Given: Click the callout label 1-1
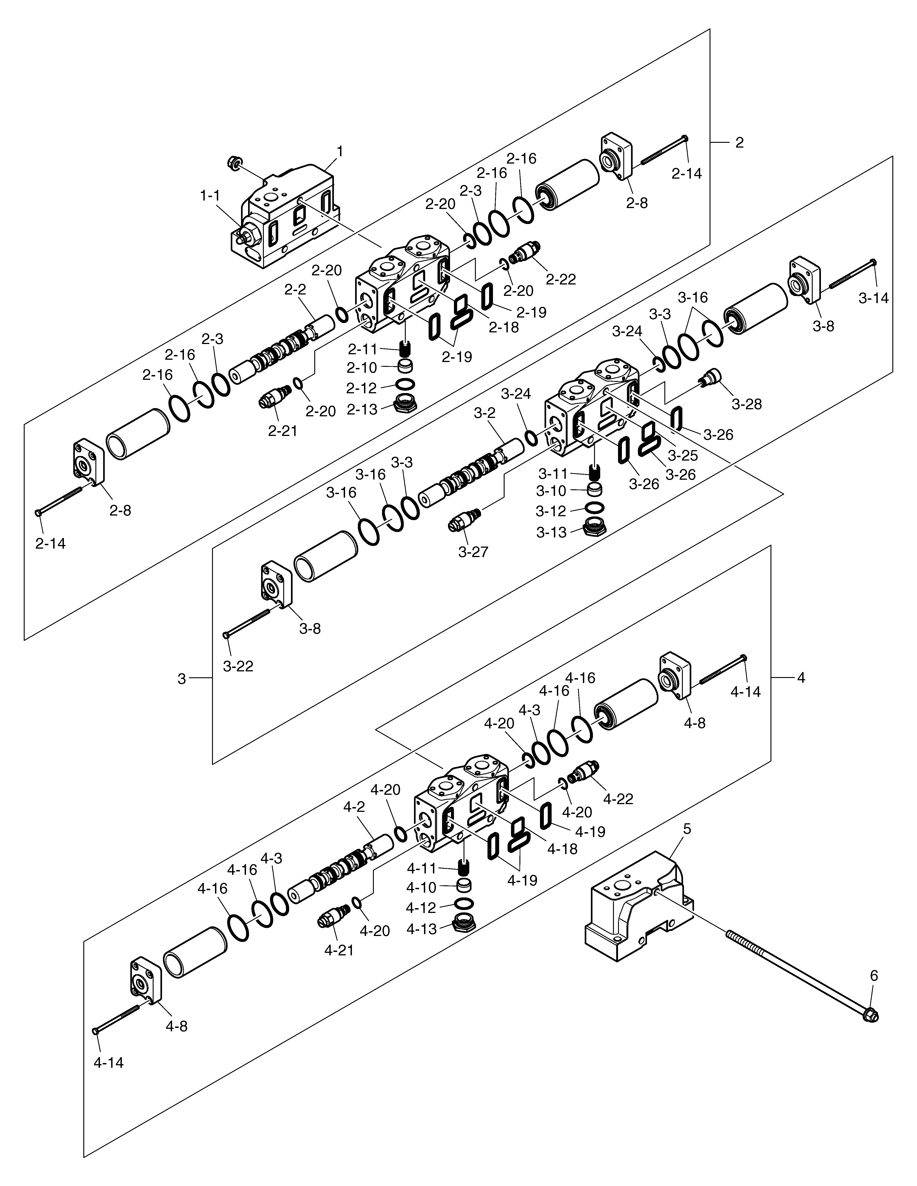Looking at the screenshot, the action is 210,196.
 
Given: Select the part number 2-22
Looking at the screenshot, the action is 561,279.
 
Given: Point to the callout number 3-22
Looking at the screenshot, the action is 238,666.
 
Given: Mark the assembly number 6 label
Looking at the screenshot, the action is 874,976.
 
